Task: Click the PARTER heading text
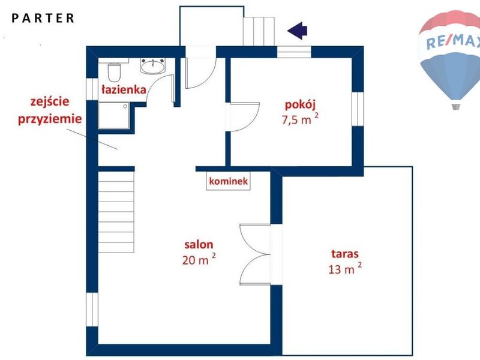[43, 18]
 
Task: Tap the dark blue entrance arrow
[297, 31]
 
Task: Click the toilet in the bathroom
[115, 72]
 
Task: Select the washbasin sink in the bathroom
[153, 66]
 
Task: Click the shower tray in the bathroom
[114, 115]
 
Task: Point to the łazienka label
[124, 89]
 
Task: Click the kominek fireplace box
[228, 181]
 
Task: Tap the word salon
[199, 244]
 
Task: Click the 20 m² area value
[199, 259]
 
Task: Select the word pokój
[300, 105]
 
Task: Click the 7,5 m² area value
[300, 119]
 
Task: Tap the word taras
[344, 254]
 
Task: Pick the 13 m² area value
[345, 268]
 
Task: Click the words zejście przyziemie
[50, 110]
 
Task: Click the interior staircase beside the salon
[116, 212]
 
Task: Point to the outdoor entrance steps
[259, 31]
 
